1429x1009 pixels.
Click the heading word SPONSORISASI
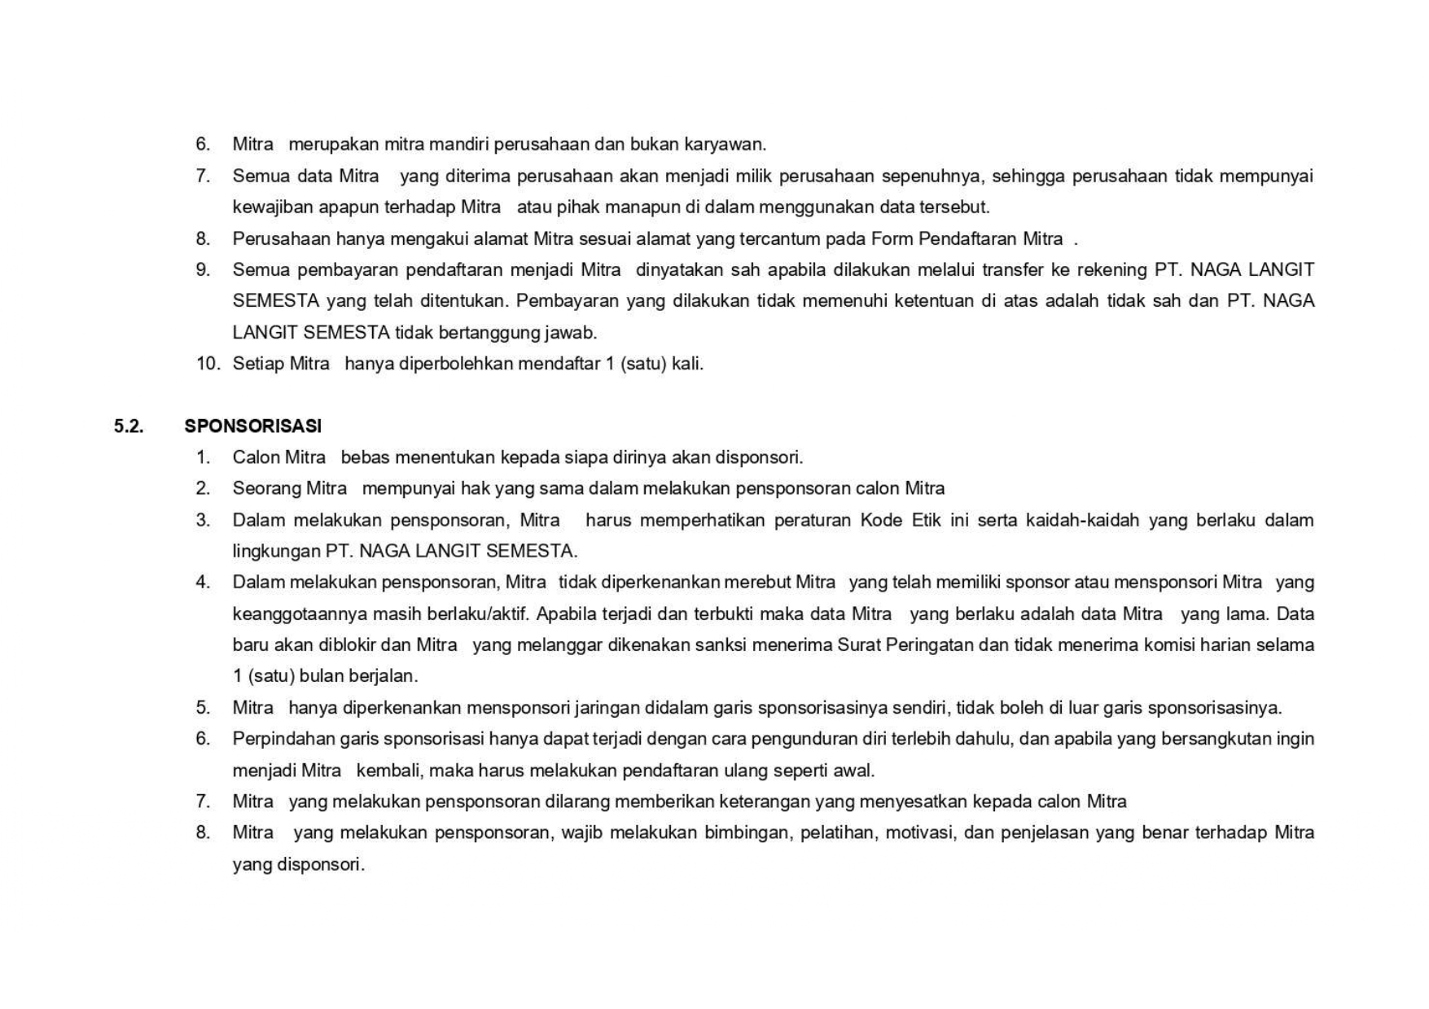252,426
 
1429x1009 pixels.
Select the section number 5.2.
129,426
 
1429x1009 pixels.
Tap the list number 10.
208,364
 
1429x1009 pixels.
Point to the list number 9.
203,270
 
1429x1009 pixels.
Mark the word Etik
926,520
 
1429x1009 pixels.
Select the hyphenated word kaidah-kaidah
1082,520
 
